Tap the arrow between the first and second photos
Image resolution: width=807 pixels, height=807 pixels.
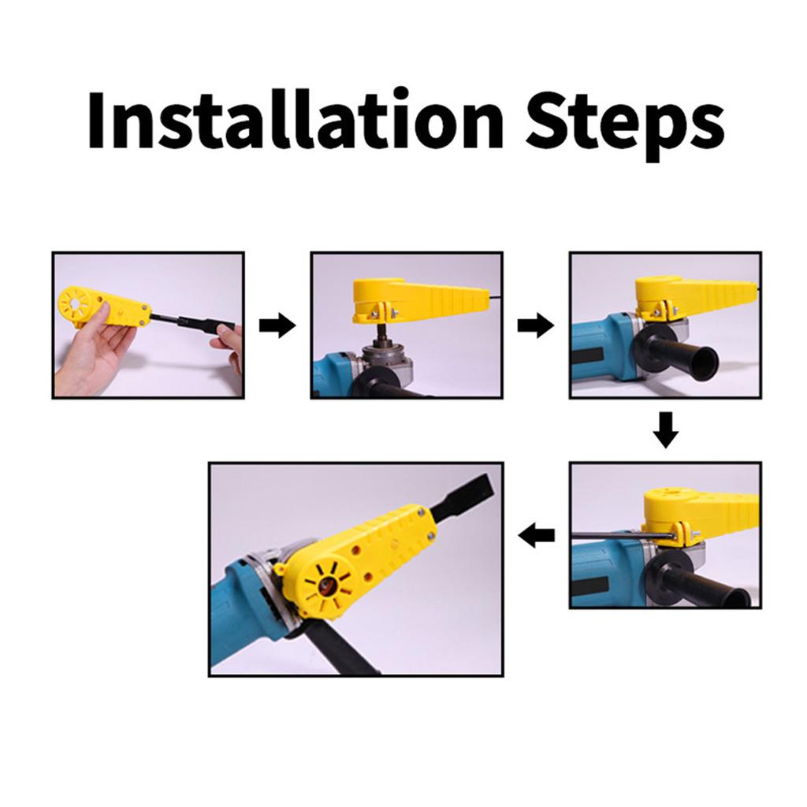277,325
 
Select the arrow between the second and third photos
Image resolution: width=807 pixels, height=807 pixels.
536,325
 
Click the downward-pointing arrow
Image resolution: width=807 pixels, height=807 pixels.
665,430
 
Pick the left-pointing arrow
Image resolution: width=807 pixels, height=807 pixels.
536,536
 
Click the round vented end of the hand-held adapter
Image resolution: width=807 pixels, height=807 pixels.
75,306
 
